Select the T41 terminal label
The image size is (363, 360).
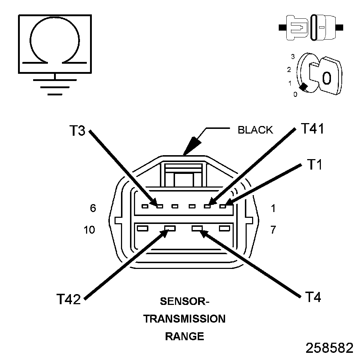click(312, 129)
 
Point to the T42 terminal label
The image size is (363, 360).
click(68, 299)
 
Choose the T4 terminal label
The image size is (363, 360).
click(313, 297)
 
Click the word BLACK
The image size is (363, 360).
click(255, 130)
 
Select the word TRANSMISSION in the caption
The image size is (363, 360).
click(184, 319)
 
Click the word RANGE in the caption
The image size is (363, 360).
click(184, 337)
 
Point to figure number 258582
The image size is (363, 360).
click(330, 348)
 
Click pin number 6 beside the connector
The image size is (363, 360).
click(93, 208)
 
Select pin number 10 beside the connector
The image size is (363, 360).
click(89, 230)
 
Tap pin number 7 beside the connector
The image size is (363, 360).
click(273, 230)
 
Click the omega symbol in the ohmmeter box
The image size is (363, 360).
click(55, 41)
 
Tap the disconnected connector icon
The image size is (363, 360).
click(312, 27)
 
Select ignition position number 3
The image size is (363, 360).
click(293, 57)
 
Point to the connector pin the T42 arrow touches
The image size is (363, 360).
click(170, 228)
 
